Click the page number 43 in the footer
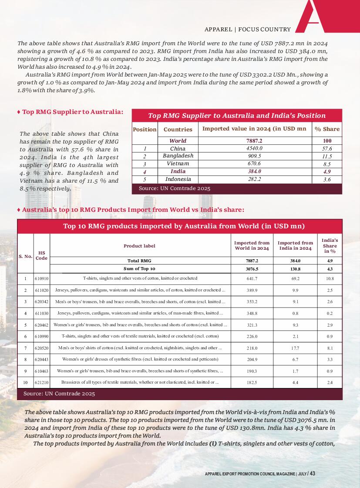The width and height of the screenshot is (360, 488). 313,473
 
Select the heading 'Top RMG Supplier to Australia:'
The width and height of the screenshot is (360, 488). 73,112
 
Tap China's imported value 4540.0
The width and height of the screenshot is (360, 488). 255,149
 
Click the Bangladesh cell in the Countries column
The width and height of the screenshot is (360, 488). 178,156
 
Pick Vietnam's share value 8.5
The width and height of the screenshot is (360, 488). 327,164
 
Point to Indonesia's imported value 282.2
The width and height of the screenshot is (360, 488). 255,179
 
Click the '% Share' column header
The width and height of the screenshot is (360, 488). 327,129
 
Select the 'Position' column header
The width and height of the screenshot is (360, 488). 145,129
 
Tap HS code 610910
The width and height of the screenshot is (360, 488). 41,278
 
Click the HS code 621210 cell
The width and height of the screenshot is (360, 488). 41,382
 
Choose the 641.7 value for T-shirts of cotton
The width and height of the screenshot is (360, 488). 252,278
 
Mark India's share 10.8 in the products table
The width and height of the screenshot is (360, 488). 330,278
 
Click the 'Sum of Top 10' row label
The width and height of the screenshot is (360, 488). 139,268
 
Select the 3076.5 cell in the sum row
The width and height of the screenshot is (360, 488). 252,268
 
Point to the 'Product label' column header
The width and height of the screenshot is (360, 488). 139,246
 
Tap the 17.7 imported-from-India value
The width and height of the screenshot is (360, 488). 295,348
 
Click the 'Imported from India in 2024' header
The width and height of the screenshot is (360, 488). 295,246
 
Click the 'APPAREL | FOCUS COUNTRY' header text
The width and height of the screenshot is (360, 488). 247,30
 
